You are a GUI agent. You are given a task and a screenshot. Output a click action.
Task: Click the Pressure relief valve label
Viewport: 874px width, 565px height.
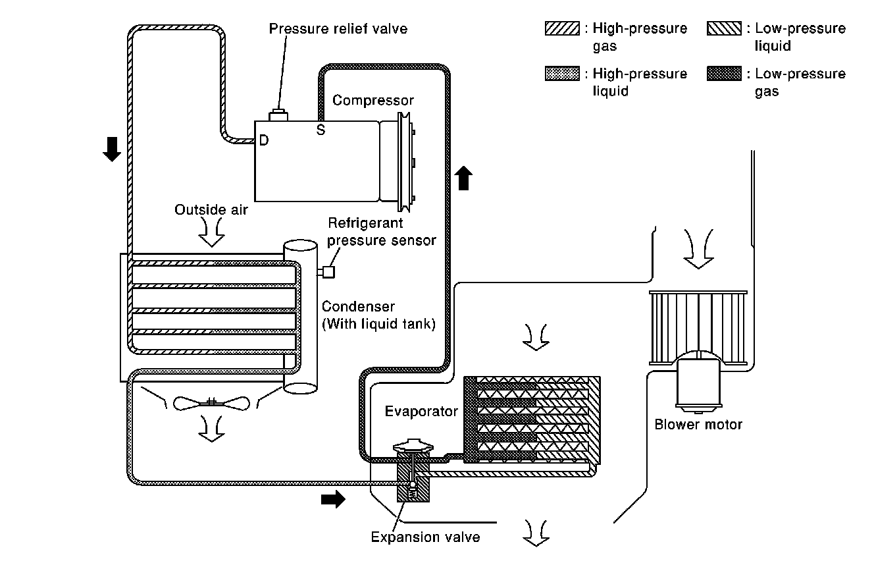(x=338, y=28)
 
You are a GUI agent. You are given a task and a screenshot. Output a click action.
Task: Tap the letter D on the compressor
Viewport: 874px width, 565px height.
(x=263, y=140)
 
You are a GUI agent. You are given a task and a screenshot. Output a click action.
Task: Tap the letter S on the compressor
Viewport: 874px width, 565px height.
(x=321, y=130)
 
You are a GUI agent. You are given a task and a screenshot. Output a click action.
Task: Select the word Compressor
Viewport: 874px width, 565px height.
(x=373, y=100)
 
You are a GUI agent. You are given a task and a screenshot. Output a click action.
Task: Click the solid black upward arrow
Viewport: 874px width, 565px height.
(x=464, y=178)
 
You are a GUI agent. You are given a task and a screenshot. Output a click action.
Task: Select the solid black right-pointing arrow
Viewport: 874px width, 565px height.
(x=332, y=500)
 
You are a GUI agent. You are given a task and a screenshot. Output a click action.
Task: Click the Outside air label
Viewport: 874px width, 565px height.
(x=211, y=209)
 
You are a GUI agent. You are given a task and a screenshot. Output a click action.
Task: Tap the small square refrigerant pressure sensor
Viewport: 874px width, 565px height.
(x=328, y=271)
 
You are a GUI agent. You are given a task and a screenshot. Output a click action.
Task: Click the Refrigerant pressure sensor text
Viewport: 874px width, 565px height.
(x=381, y=232)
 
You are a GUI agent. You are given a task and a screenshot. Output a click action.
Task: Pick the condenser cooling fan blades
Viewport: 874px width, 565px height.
(x=212, y=402)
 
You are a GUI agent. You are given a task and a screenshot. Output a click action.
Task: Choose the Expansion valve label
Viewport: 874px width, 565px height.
(x=425, y=537)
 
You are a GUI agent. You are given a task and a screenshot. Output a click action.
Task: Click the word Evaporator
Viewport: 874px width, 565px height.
(x=421, y=412)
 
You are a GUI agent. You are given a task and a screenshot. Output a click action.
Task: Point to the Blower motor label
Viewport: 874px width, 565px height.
(x=698, y=424)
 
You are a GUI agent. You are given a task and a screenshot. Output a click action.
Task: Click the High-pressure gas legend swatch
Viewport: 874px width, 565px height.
(x=561, y=29)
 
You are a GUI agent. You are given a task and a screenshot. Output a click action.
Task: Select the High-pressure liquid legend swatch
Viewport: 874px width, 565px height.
(x=561, y=74)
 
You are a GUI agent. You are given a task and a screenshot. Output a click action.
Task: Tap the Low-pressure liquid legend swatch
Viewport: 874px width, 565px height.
(x=724, y=29)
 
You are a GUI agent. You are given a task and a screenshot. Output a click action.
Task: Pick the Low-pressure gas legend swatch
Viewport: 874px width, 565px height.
(x=724, y=74)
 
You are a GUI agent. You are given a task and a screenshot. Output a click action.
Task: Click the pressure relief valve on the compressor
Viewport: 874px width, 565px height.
(x=279, y=116)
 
